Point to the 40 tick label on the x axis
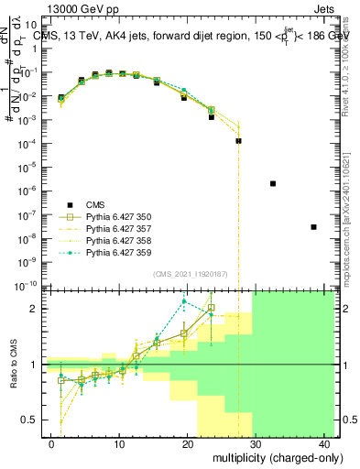click(326, 442)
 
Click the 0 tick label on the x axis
click(53, 442)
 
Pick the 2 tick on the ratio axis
click(38, 309)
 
